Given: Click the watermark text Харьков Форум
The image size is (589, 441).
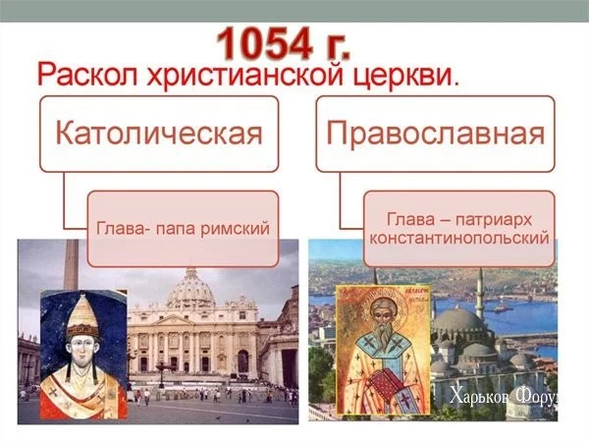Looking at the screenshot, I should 515,398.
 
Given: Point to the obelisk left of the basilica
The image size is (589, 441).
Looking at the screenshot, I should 71,270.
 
